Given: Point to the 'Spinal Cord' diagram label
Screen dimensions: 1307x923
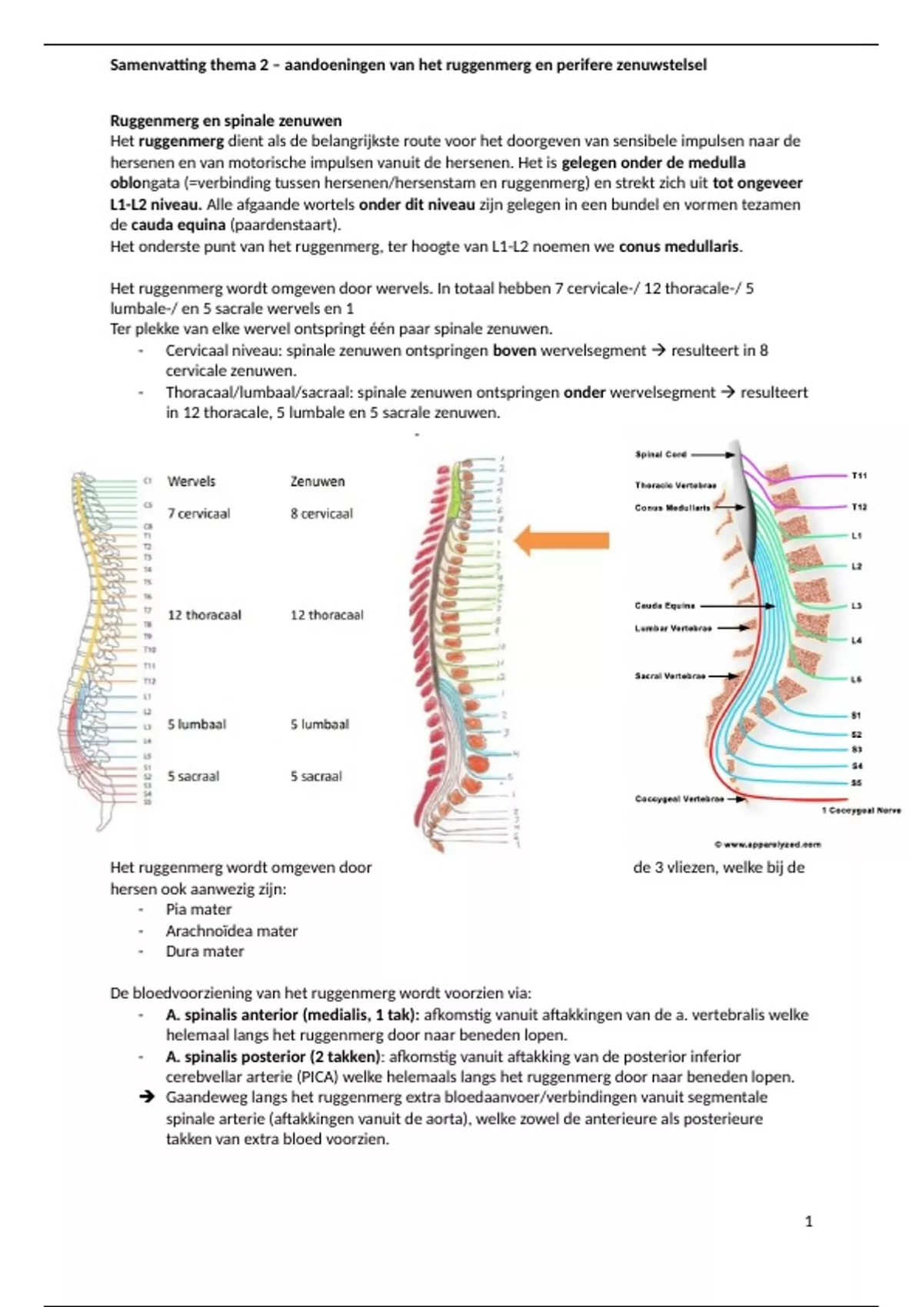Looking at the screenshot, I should click(x=661, y=454).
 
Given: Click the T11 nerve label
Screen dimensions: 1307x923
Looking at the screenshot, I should click(x=859, y=476).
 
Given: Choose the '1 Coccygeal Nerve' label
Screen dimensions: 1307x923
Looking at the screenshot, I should click(x=861, y=810).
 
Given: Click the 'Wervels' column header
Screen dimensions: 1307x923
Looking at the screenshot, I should click(x=192, y=481).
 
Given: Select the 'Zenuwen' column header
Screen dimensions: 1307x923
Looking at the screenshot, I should click(x=318, y=481).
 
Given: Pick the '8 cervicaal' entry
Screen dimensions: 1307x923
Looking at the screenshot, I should click(x=322, y=514).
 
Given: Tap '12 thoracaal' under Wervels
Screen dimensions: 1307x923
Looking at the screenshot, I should click(x=205, y=615).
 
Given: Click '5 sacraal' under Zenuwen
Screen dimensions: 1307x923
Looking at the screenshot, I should click(x=316, y=777).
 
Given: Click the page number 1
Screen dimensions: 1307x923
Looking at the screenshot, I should click(x=808, y=1221).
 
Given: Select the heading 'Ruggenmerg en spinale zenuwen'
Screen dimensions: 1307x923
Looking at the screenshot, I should click(x=226, y=121).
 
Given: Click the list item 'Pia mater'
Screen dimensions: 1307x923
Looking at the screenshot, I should click(x=198, y=910).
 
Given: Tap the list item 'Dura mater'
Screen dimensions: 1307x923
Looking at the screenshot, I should click(x=205, y=951).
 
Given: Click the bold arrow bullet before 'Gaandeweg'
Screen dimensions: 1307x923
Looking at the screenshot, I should click(x=148, y=1097).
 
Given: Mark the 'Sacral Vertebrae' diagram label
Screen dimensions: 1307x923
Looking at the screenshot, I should click(x=670, y=677).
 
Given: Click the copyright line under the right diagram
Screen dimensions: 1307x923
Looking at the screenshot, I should click(x=768, y=844).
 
